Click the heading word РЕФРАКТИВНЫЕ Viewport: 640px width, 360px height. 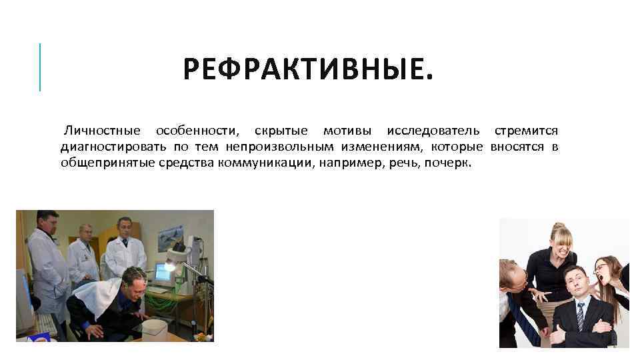coord(308,69)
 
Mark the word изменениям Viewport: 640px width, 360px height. coord(381,147)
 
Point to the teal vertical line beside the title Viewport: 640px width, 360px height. coord(40,67)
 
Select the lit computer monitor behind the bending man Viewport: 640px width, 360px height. coord(162,272)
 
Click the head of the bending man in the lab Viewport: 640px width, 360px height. coord(134,281)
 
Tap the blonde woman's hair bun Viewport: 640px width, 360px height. coord(558,227)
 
